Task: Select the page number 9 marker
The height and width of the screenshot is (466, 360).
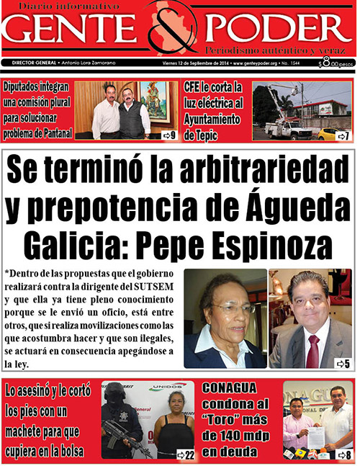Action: coord(169,135)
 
